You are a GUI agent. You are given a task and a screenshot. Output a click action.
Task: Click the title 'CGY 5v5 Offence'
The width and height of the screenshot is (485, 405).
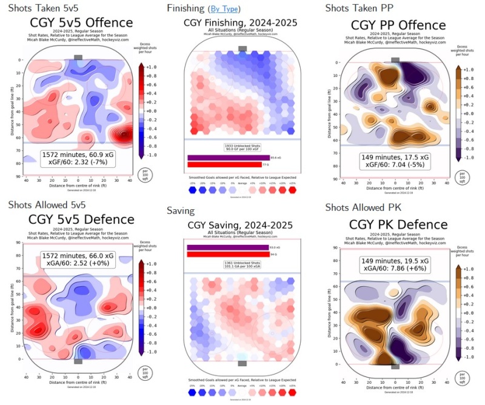pyautogui.click(x=82, y=24)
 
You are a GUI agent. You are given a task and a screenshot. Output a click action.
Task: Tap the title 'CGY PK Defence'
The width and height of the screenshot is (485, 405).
pyautogui.click(x=398, y=224)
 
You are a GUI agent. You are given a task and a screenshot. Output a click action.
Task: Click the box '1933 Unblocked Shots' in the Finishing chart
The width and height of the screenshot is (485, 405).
pyautogui.click(x=242, y=147)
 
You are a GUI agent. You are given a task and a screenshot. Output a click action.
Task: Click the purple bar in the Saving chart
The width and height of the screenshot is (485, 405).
pyautogui.click(x=227, y=247)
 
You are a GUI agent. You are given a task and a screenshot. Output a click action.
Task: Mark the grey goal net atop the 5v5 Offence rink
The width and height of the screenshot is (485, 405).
pyautogui.click(x=78, y=57)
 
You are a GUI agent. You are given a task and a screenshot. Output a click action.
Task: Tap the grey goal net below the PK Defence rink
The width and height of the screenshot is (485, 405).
pyautogui.click(x=395, y=366)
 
